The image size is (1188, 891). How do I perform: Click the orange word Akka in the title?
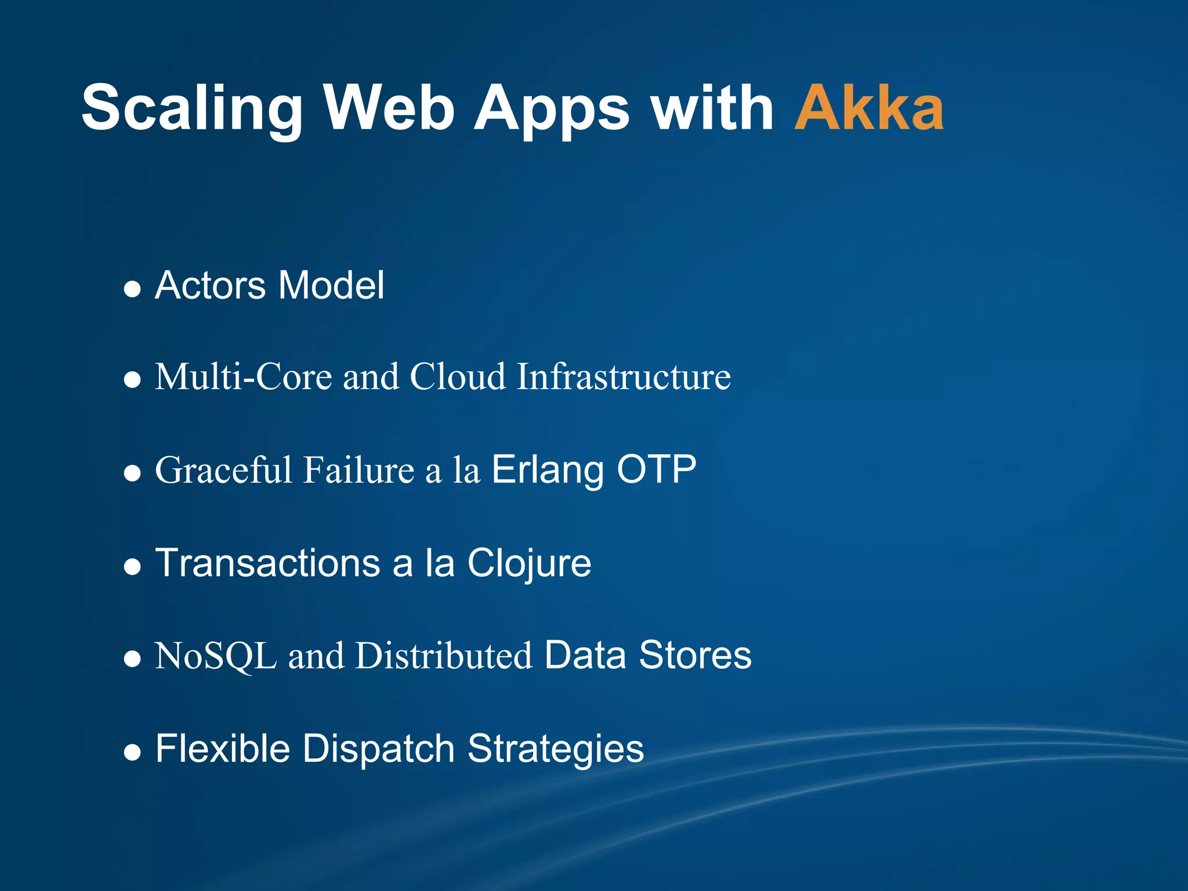[x=868, y=108]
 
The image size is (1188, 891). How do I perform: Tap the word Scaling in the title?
[x=191, y=108]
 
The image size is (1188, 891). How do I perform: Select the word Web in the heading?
[x=389, y=108]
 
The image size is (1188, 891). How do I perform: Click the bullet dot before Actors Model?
[x=133, y=288]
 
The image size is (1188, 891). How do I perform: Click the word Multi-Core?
[x=244, y=377]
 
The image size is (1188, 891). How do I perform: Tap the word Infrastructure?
[x=624, y=377]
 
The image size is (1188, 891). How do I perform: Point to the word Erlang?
[x=548, y=470]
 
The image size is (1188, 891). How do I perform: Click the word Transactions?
[x=267, y=563]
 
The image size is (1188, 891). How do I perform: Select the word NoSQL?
[x=216, y=656]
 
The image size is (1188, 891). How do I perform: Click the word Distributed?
[x=444, y=656]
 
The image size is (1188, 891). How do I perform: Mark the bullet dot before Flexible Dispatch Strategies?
[x=133, y=752]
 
